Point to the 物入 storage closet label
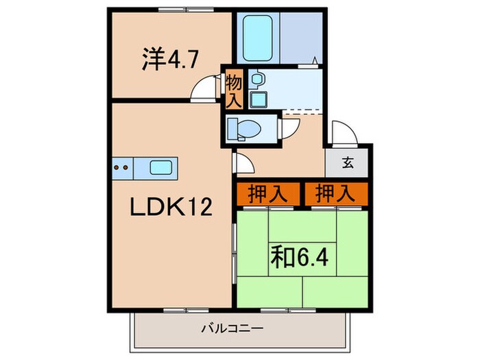[233, 91]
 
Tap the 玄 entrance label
[348, 163]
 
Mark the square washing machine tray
[258, 99]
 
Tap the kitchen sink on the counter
[162, 167]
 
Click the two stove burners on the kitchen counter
[122, 167]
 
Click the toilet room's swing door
[289, 128]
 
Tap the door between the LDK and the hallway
[241, 162]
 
